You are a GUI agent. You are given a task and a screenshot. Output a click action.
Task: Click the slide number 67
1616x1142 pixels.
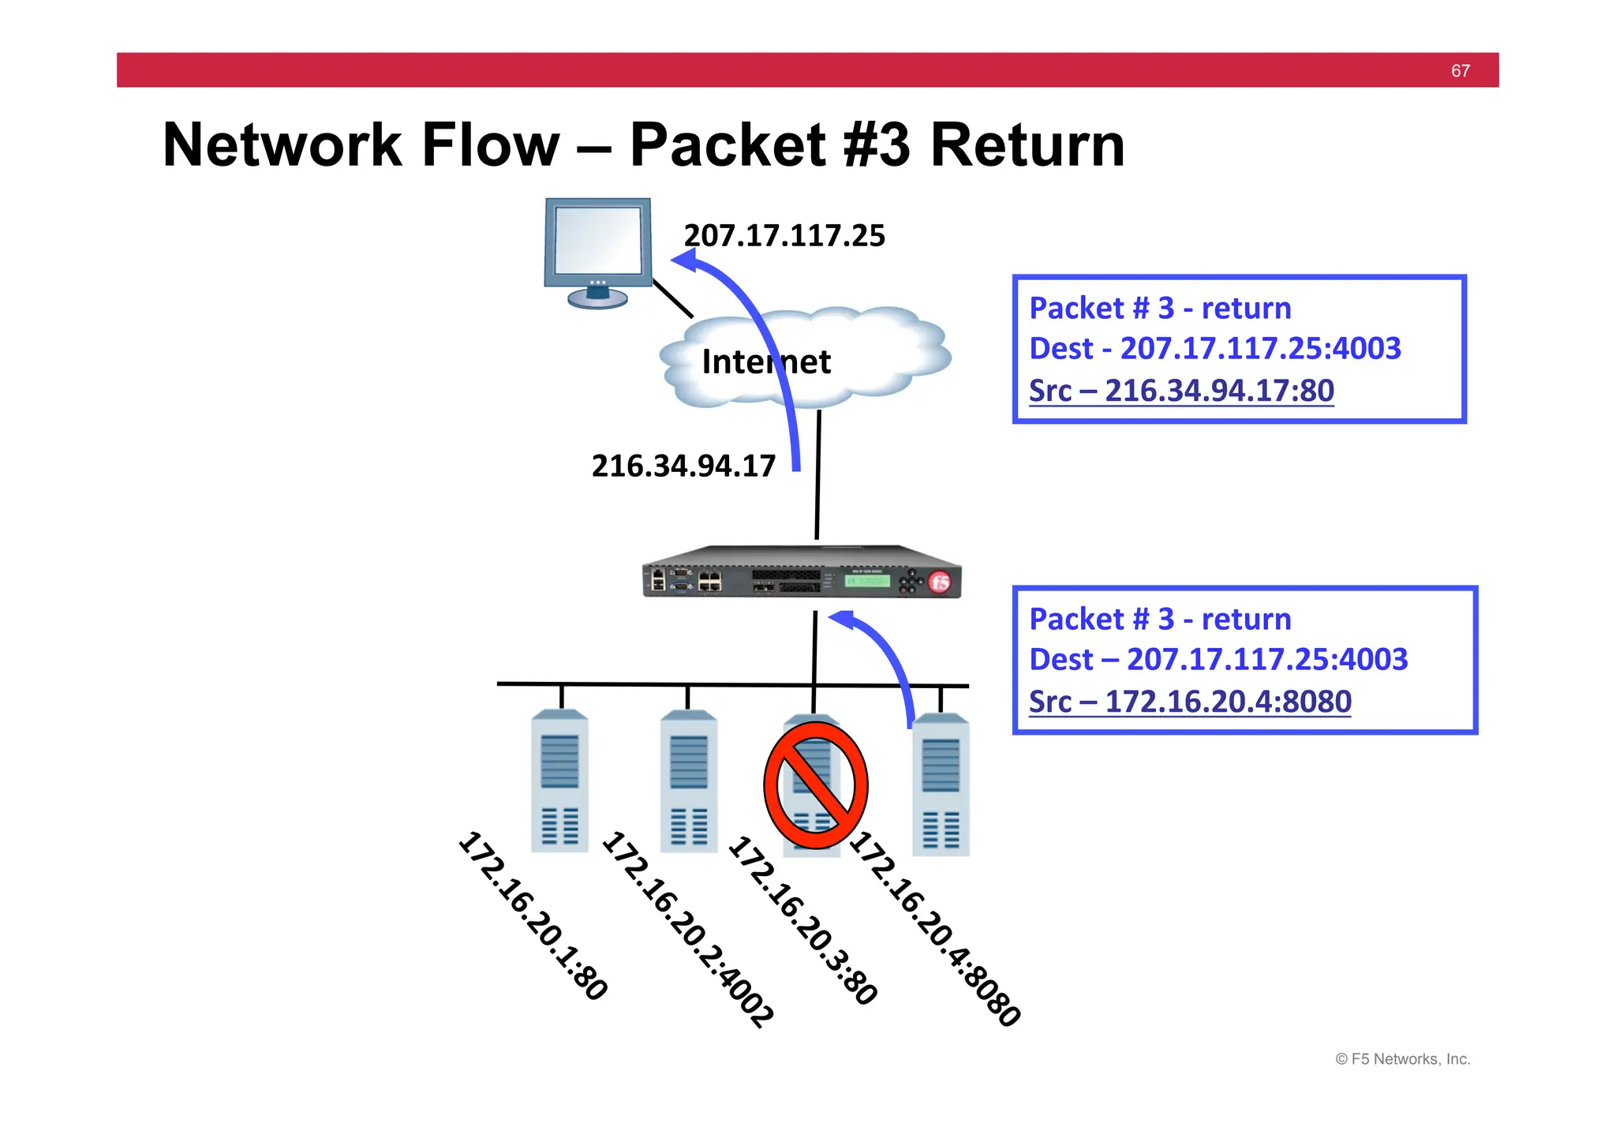click(x=1460, y=71)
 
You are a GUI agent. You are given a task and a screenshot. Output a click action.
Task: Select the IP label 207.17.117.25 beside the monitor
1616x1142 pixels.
click(x=784, y=236)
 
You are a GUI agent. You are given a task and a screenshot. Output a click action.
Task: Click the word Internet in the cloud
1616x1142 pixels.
click(x=765, y=362)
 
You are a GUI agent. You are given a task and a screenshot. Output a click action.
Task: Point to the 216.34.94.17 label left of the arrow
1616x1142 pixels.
click(x=683, y=466)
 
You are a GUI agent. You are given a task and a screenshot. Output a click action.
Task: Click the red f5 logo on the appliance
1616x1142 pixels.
click(x=939, y=582)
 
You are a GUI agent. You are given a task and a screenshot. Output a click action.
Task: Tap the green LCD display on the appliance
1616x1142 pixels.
click(x=866, y=581)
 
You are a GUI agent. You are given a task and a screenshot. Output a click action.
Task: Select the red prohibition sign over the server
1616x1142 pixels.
click(x=815, y=785)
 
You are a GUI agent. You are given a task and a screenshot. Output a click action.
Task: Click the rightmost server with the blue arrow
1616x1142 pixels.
click(x=941, y=785)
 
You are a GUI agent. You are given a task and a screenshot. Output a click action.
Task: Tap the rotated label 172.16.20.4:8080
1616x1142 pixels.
click(x=935, y=928)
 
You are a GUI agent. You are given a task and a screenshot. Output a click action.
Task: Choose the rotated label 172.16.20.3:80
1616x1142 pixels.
click(x=802, y=920)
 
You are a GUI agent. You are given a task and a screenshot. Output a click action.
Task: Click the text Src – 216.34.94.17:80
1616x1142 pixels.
click(x=1181, y=391)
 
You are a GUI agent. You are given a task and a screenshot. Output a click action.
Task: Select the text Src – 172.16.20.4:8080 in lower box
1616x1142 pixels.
click(x=1190, y=702)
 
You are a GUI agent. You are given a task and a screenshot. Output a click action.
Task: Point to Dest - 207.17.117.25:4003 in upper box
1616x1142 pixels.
click(x=1215, y=348)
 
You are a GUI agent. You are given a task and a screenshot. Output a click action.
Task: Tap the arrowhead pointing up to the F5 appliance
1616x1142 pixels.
click(x=841, y=620)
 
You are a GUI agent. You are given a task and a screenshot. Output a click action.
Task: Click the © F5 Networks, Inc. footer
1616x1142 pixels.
click(x=1402, y=1059)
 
